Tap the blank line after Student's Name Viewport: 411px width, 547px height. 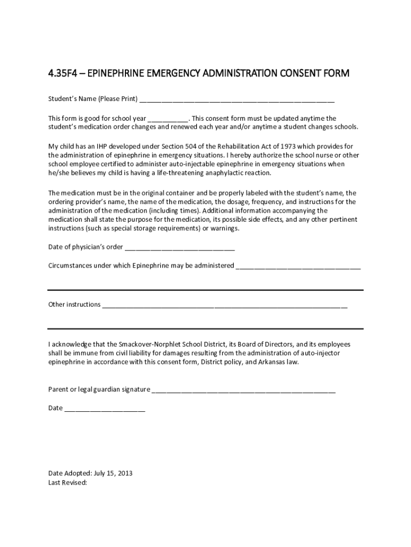[237, 99]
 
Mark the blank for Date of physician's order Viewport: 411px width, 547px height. [179, 247]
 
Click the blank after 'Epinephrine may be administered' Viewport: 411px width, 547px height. [298, 265]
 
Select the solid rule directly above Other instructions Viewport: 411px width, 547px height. [205, 290]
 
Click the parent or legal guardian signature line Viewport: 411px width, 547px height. [243, 389]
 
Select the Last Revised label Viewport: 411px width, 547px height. [67, 482]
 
